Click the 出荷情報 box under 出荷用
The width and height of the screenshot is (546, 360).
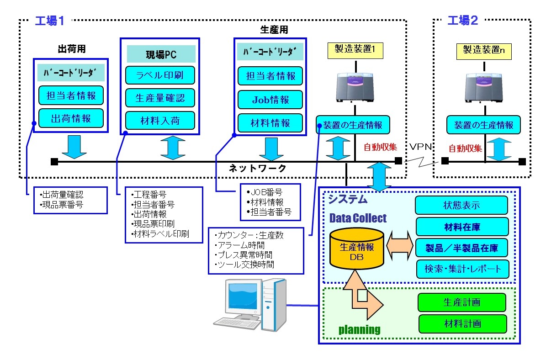tap(71, 118)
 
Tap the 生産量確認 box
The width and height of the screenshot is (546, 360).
tap(160, 98)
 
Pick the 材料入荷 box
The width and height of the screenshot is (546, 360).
tap(160, 121)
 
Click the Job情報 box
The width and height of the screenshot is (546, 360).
tap(270, 100)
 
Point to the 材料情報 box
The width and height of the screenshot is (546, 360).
tap(270, 123)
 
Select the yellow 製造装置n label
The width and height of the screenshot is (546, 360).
tap(484, 51)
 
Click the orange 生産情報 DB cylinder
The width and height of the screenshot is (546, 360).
tap(357, 249)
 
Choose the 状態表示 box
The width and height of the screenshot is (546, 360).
tap(461, 205)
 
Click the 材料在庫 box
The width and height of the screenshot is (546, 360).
tap(461, 227)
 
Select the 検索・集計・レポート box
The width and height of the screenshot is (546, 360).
tap(461, 269)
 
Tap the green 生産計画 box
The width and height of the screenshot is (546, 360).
tap(462, 302)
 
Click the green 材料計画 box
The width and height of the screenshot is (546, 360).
tap(462, 323)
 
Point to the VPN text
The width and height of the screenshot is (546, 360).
tap(420, 147)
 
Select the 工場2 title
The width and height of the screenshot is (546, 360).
tap(462, 21)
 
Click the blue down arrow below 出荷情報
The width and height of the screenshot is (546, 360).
tap(74, 146)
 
